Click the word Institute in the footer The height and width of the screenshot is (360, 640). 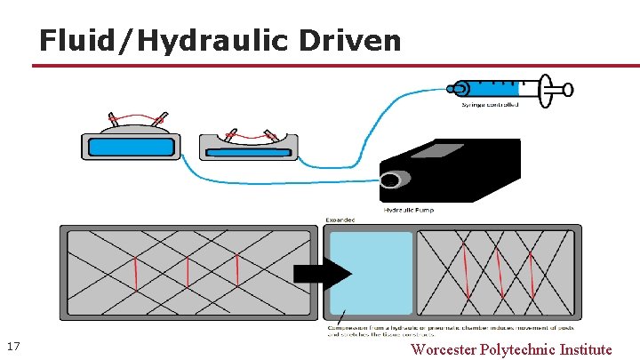[586, 349]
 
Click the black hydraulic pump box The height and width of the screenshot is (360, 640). [462, 173]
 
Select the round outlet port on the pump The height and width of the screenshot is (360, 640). [389, 181]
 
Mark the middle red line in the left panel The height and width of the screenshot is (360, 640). [188, 273]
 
